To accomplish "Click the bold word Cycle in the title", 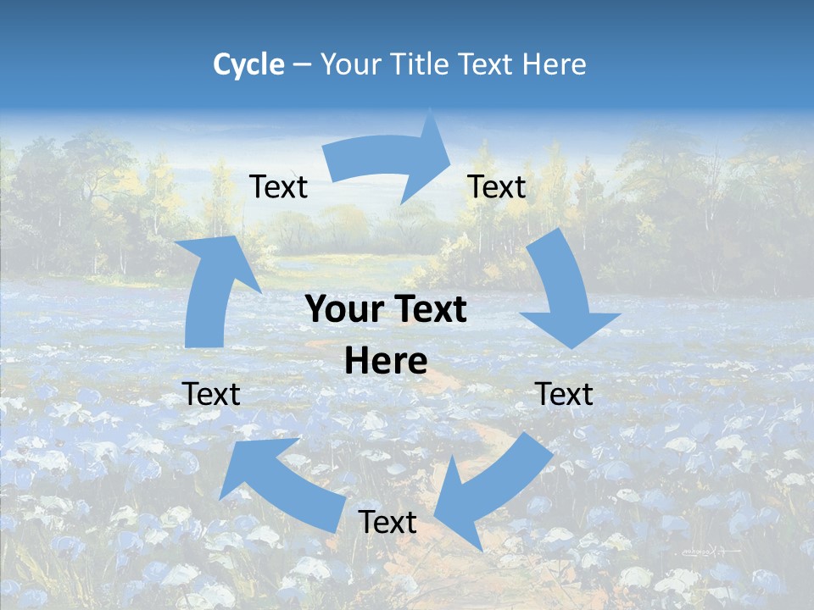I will pos(248,64).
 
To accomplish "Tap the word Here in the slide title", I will pos(554,64).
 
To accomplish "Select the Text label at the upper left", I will pos(279,186).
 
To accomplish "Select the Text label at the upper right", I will pos(497,186).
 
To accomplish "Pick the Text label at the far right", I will pos(564,394).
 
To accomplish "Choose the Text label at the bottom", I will pos(387,522).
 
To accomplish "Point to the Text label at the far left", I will pos(211,394).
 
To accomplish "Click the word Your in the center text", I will pos(338,310).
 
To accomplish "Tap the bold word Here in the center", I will pos(386,362).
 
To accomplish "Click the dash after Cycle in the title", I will pos(301,64).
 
